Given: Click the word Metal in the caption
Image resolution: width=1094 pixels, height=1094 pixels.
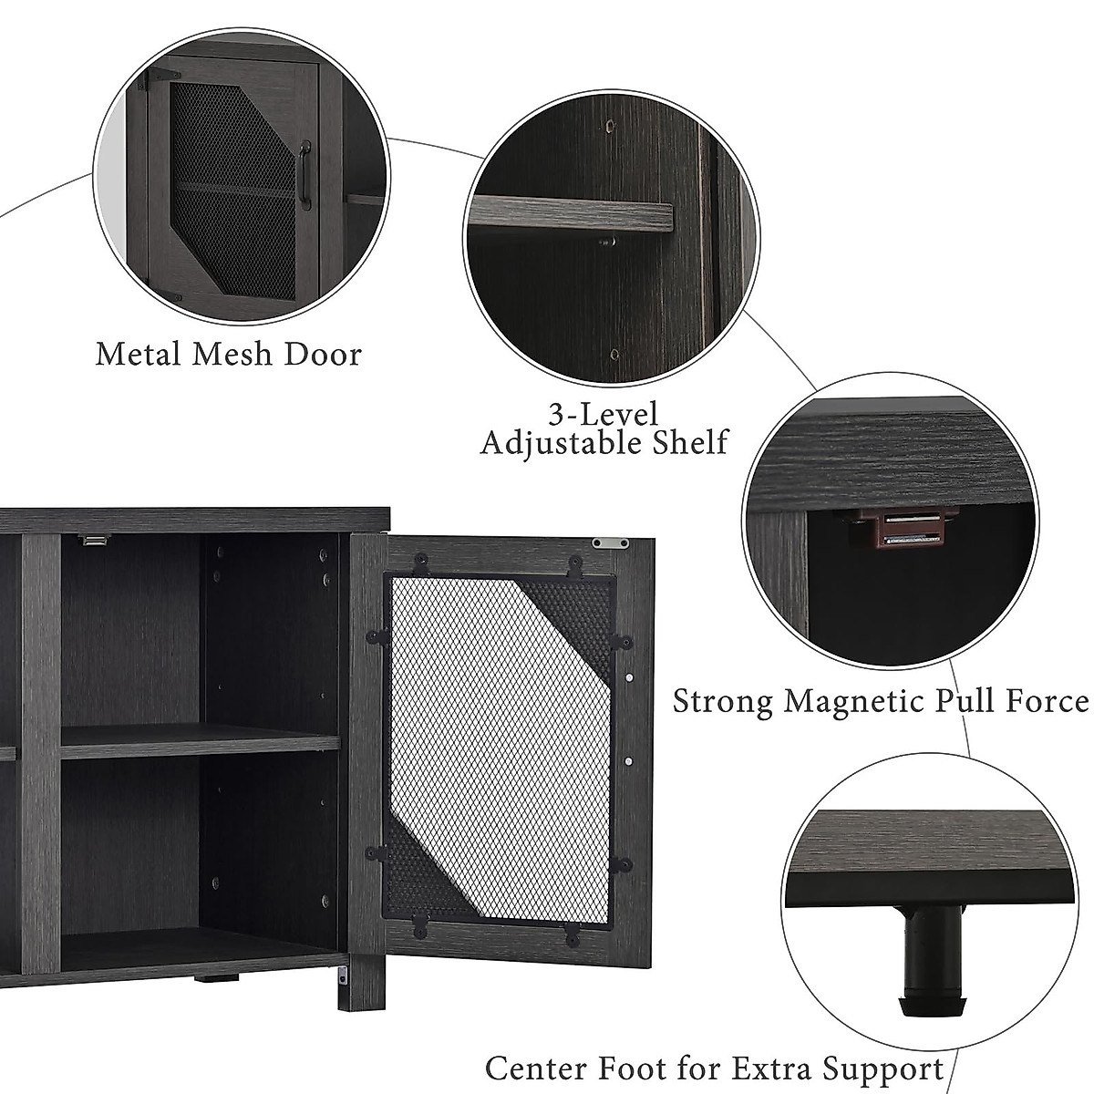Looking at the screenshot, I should pyautogui.click(x=138, y=354).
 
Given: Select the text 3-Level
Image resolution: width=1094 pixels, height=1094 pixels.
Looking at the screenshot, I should pyautogui.click(x=603, y=415).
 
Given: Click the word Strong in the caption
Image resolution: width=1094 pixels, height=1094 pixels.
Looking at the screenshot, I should pyautogui.click(x=723, y=701).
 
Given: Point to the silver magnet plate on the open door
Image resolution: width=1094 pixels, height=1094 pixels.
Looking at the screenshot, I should pyautogui.click(x=609, y=543).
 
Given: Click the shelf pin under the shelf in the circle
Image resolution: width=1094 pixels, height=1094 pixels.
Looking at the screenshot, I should pyautogui.click(x=605, y=243).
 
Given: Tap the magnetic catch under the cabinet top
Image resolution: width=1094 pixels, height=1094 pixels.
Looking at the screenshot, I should pyautogui.click(x=92, y=541).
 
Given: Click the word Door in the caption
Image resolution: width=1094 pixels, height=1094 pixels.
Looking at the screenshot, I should pyautogui.click(x=324, y=354).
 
